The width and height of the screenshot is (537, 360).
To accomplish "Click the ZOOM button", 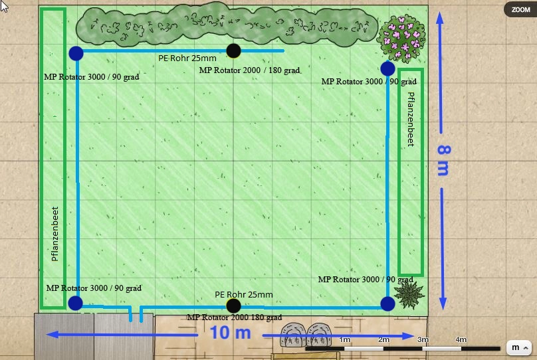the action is pyautogui.click(x=520, y=9).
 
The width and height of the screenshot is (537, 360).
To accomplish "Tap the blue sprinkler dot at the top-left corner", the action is pyautogui.click(x=76, y=53).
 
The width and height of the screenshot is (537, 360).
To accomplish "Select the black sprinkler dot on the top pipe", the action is pyautogui.click(x=233, y=50).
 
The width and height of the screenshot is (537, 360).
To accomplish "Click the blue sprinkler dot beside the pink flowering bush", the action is pyautogui.click(x=387, y=69).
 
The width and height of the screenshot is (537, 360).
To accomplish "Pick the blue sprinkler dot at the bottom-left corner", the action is pyautogui.click(x=75, y=303).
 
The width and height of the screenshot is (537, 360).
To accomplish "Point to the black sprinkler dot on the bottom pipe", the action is pyautogui.click(x=233, y=306).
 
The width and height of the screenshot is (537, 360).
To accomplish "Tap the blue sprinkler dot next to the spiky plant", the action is pyautogui.click(x=387, y=304).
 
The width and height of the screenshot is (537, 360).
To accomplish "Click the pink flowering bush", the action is pyautogui.click(x=401, y=39).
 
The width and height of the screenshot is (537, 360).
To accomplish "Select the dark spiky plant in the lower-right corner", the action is pyautogui.click(x=409, y=295).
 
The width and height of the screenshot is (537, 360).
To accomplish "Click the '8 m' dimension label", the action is pyautogui.click(x=444, y=160).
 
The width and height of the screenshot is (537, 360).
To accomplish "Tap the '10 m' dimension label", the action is pyautogui.click(x=230, y=333).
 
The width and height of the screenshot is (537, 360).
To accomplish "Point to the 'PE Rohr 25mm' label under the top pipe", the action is pyautogui.click(x=187, y=58).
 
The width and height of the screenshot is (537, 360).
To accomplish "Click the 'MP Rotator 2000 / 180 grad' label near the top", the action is pyautogui.click(x=249, y=70).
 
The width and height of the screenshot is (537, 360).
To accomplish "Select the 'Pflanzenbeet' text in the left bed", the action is pyautogui.click(x=54, y=234).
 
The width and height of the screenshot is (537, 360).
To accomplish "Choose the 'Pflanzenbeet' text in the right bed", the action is pyautogui.click(x=411, y=120).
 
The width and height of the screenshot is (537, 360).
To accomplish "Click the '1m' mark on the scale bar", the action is pyautogui.click(x=344, y=339).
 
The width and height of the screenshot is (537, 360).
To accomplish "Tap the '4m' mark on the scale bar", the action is pyautogui.click(x=461, y=339).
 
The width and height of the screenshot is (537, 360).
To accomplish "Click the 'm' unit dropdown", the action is pyautogui.click(x=518, y=347).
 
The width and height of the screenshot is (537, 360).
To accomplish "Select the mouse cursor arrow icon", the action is pyautogui.click(x=3, y=6).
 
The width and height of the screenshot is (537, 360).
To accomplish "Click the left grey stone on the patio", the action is pyautogui.click(x=293, y=334).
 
